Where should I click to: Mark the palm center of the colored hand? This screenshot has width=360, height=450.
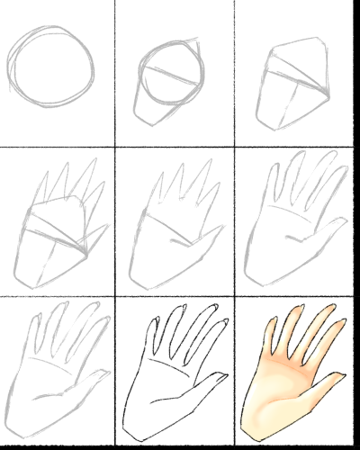pyautogui.click(x=286, y=382)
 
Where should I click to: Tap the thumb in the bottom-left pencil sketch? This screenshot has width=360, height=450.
pyautogui.click(x=90, y=378)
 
